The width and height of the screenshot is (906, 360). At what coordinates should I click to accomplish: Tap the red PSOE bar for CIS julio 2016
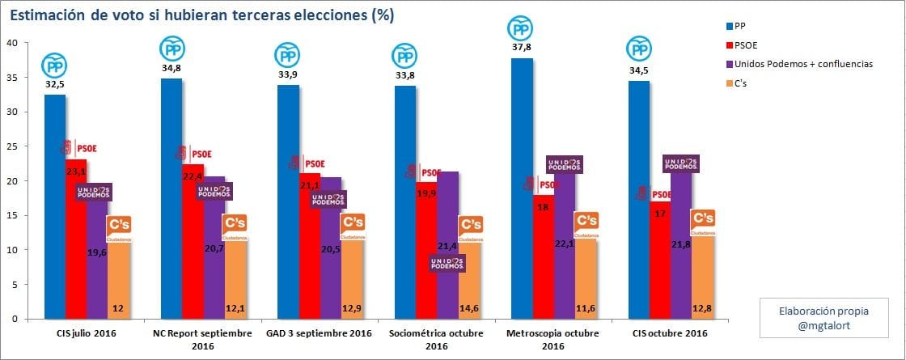click(x=76, y=243)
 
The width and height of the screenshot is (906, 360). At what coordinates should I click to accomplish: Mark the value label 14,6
click(x=470, y=308)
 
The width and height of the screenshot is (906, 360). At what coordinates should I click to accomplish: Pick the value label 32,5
click(x=54, y=84)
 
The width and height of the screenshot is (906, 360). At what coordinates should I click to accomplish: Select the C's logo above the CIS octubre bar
click(x=703, y=221)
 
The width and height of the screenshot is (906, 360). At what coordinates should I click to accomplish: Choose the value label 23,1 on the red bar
click(x=76, y=172)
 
